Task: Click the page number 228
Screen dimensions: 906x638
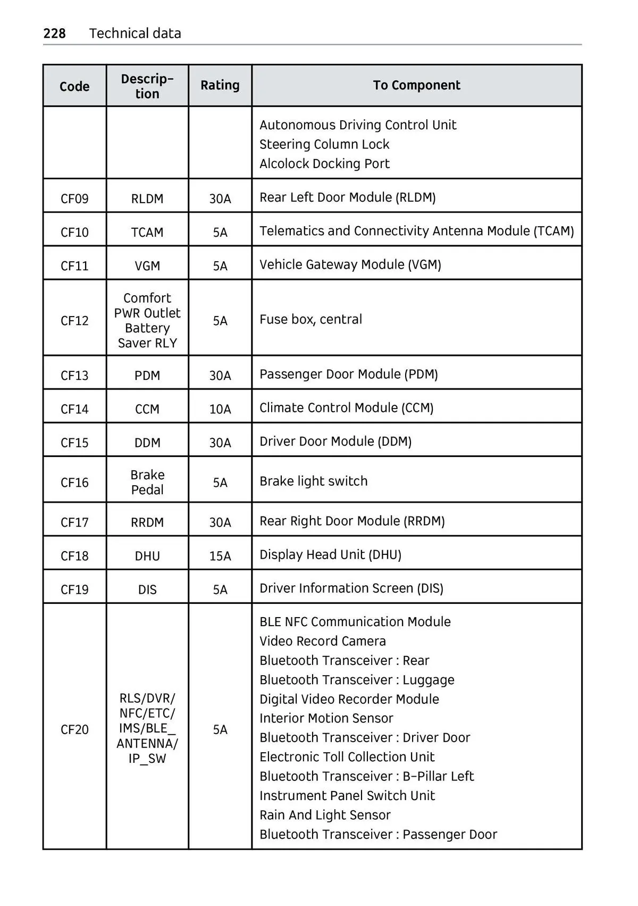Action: click(54, 34)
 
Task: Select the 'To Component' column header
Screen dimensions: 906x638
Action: click(416, 85)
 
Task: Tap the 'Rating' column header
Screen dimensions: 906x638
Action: click(220, 85)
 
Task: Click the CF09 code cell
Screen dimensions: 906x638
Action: click(74, 198)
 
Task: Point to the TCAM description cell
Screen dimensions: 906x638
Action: click(147, 232)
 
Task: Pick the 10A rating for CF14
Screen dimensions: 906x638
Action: click(220, 409)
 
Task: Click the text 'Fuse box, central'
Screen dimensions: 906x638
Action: click(310, 319)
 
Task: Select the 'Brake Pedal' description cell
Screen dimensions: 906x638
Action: click(147, 482)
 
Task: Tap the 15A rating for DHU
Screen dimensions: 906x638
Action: click(220, 556)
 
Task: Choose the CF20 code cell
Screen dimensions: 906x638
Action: click(74, 729)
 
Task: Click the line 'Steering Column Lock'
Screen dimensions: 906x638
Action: click(324, 145)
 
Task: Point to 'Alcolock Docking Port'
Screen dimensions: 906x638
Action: click(324, 164)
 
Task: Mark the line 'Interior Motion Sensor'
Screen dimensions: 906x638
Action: click(326, 718)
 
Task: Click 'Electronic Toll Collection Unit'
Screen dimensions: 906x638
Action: click(347, 757)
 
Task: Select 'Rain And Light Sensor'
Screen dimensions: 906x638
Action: click(325, 815)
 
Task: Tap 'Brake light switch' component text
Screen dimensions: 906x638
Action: click(313, 481)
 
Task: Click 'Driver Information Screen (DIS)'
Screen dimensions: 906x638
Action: click(351, 588)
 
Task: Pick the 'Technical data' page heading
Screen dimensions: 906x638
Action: click(135, 34)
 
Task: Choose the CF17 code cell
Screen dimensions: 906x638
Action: click(74, 522)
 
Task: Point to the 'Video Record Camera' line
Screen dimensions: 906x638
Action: click(322, 641)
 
